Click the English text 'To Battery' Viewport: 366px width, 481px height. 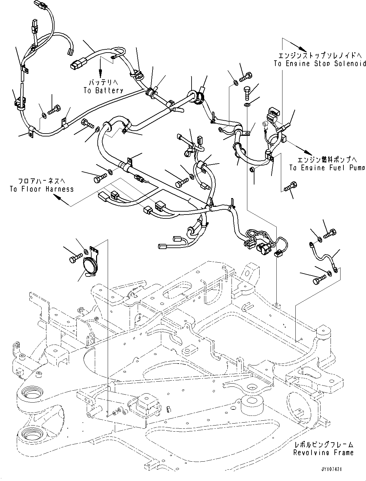[103, 91]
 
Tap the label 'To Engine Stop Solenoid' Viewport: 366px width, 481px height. [320, 64]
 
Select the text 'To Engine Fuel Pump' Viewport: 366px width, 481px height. [327, 168]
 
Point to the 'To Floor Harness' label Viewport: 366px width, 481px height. [42, 189]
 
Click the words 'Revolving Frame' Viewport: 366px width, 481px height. [323, 453]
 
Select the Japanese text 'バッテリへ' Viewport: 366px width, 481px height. [103, 82]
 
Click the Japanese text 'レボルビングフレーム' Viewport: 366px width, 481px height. [323, 445]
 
